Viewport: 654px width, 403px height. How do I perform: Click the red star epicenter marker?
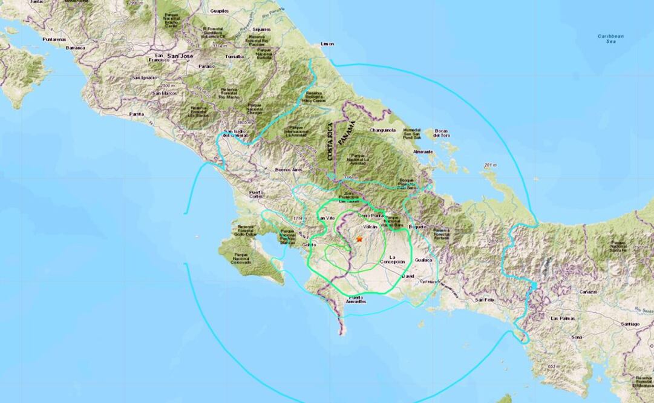[360, 240]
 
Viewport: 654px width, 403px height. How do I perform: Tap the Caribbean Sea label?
[610, 39]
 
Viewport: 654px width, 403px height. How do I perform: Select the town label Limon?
[327, 44]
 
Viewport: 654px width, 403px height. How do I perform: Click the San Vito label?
[325, 217]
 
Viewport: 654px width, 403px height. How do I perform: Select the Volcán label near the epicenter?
[370, 227]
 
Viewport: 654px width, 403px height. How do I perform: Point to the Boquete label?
[417, 227]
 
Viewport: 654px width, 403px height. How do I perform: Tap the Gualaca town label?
[423, 260]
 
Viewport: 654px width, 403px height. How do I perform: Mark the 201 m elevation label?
[490, 165]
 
